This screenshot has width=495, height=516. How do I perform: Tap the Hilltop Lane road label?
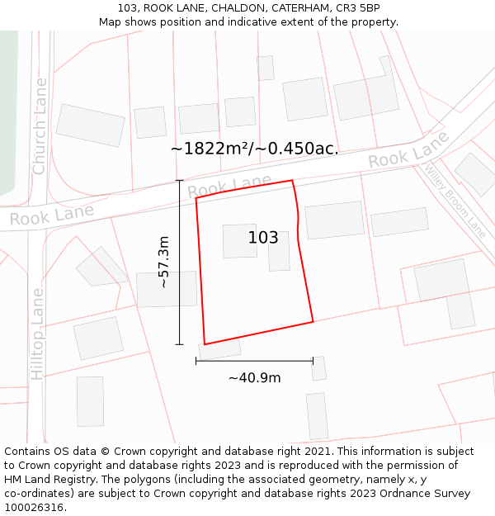[x=37, y=334]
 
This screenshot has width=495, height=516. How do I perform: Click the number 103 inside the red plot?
[x=263, y=238]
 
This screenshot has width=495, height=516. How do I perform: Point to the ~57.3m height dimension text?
[x=163, y=262]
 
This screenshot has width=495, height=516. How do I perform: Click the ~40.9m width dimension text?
[x=254, y=378]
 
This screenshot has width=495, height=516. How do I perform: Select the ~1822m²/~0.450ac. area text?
[x=254, y=149]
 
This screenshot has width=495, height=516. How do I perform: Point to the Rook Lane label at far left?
[x=51, y=215]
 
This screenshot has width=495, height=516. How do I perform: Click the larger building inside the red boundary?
[x=240, y=241]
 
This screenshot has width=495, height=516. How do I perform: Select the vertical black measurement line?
[x=179, y=262]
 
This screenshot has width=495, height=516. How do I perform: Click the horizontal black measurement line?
[x=254, y=361]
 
